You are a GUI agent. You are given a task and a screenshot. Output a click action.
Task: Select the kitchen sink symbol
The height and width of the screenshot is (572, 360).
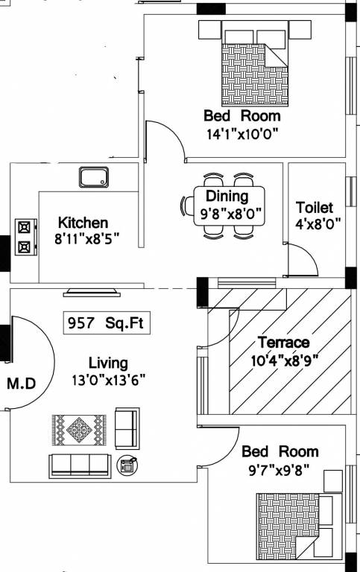pos(94,178)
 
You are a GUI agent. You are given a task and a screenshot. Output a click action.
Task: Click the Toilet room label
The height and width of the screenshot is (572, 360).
pos(315,207)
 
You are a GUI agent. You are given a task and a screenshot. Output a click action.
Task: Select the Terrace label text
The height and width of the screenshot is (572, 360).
pos(283,343)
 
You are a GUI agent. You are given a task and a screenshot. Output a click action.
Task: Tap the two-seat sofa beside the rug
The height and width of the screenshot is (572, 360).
pos(127,426)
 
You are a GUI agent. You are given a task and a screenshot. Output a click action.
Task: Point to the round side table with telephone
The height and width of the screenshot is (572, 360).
pos(127,465)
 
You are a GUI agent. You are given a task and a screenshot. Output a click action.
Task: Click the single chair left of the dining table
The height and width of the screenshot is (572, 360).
pos(186,206)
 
